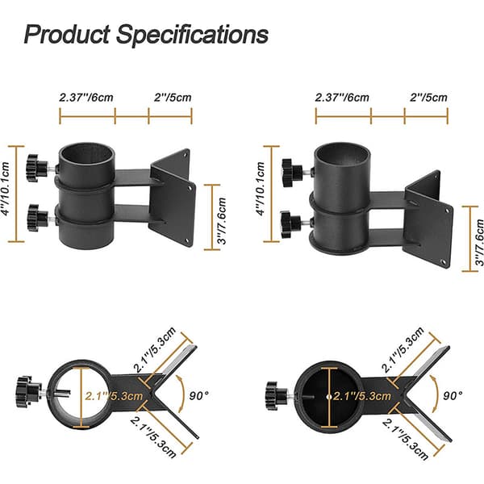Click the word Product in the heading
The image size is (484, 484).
coord(67,34)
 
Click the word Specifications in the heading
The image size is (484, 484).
coord(192,35)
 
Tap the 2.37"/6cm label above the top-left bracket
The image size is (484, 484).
coord(86,98)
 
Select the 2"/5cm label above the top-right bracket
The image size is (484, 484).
coord(428,98)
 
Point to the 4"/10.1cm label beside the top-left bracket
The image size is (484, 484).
coord(6,189)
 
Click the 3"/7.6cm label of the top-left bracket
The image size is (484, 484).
coord(222,221)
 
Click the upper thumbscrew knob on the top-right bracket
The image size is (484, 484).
coord(292,173)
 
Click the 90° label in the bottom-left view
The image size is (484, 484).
coord(198,395)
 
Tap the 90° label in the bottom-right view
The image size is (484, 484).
coord(453,395)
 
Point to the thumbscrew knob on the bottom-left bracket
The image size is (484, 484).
coord(29,390)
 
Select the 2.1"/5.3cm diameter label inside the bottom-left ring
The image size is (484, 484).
coord(114,396)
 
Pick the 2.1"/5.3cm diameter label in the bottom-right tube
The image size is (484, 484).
coord(362,396)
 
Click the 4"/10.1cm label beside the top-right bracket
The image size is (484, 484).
coord(261,189)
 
